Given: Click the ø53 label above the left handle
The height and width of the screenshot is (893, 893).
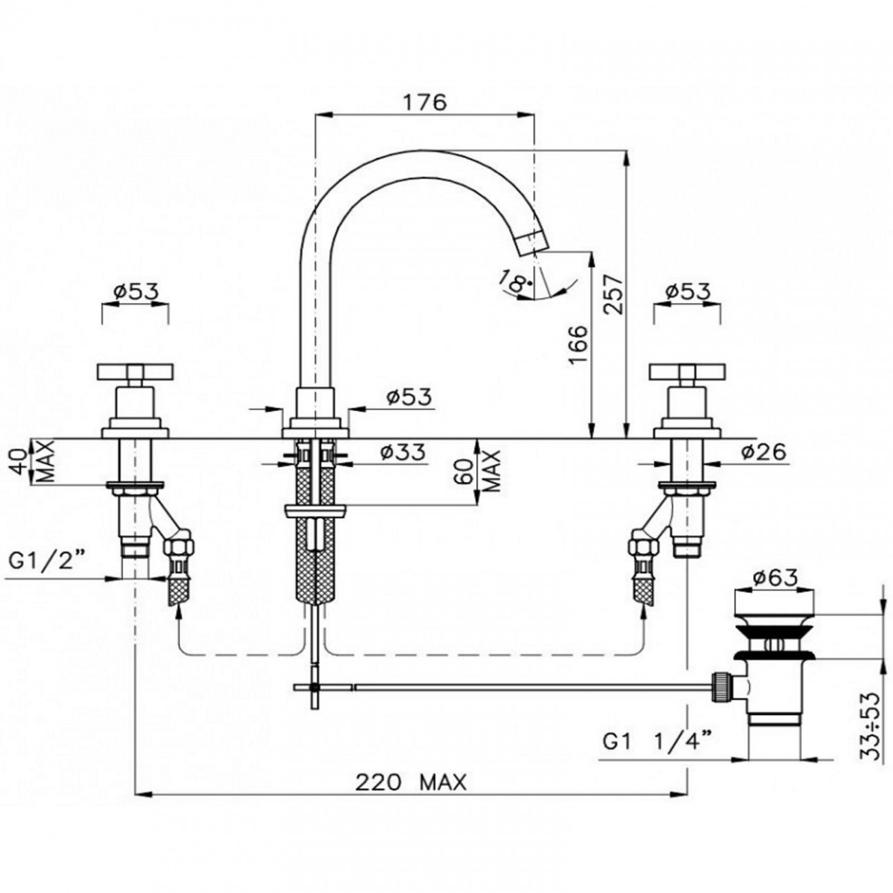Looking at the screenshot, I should (135, 291).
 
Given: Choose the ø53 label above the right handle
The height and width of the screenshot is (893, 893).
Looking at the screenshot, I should (688, 291).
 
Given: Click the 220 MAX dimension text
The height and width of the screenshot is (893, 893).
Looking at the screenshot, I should (410, 782).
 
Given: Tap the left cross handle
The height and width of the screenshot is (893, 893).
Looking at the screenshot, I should (135, 372).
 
